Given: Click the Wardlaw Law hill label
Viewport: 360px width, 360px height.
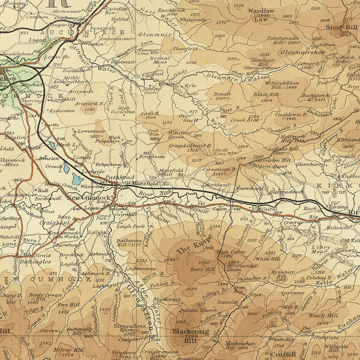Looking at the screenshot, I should tap(261, 13).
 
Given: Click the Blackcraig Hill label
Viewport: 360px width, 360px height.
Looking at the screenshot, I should tap(190, 334).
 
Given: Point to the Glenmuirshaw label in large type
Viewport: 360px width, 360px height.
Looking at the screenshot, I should tap(298, 52).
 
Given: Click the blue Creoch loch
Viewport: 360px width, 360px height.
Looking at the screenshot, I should tap(77, 179).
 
